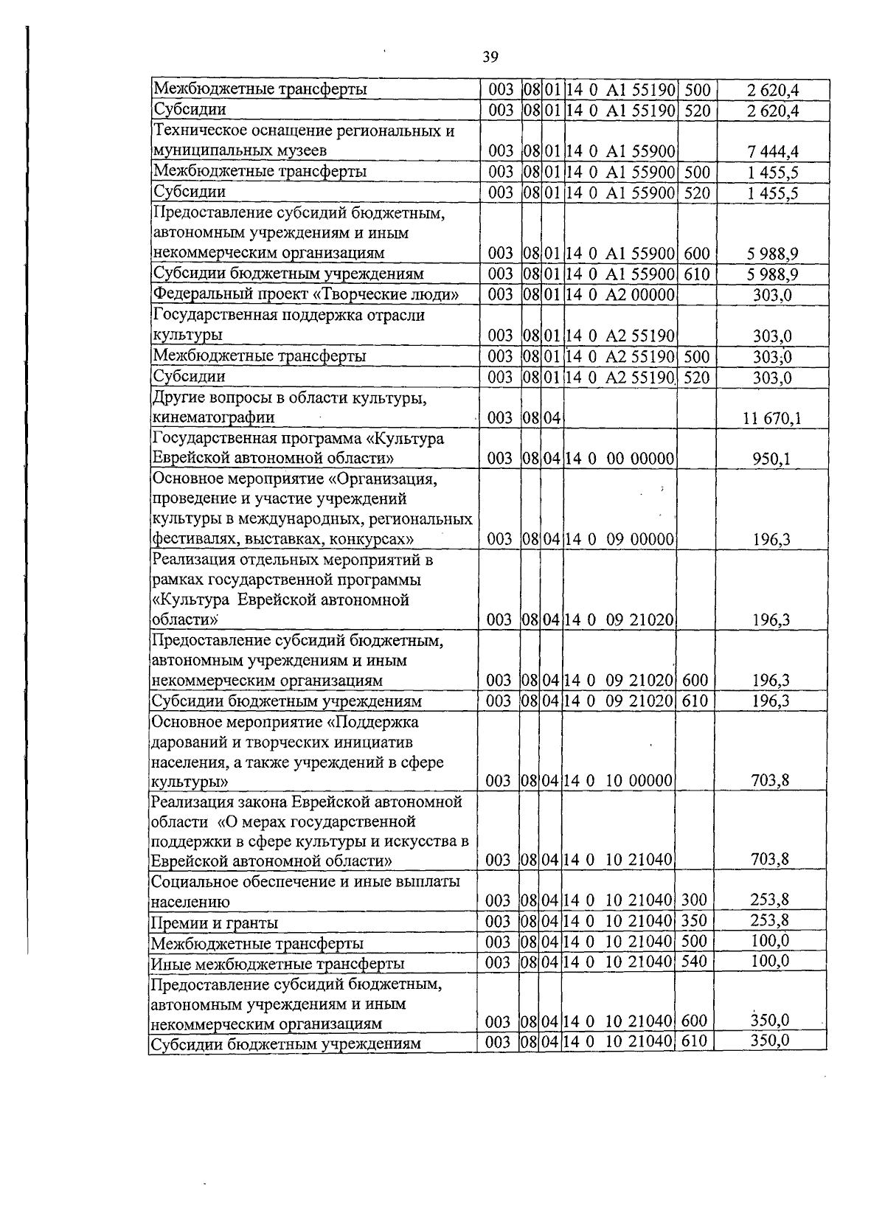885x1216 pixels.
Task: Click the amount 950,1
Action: pyautogui.click(x=771, y=459)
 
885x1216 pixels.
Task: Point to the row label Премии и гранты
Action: pyautogui.click(x=215, y=923)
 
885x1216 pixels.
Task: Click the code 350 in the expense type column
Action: pyautogui.click(x=694, y=920)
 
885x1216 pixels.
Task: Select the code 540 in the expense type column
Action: pyautogui.click(x=694, y=961)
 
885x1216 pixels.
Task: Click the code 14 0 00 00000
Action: pyautogui.click(x=619, y=459)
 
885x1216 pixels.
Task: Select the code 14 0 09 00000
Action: pyautogui.click(x=619, y=540)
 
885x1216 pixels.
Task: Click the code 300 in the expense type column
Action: pyautogui.click(x=694, y=900)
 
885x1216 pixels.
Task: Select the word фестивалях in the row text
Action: pyautogui.click(x=188, y=540)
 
